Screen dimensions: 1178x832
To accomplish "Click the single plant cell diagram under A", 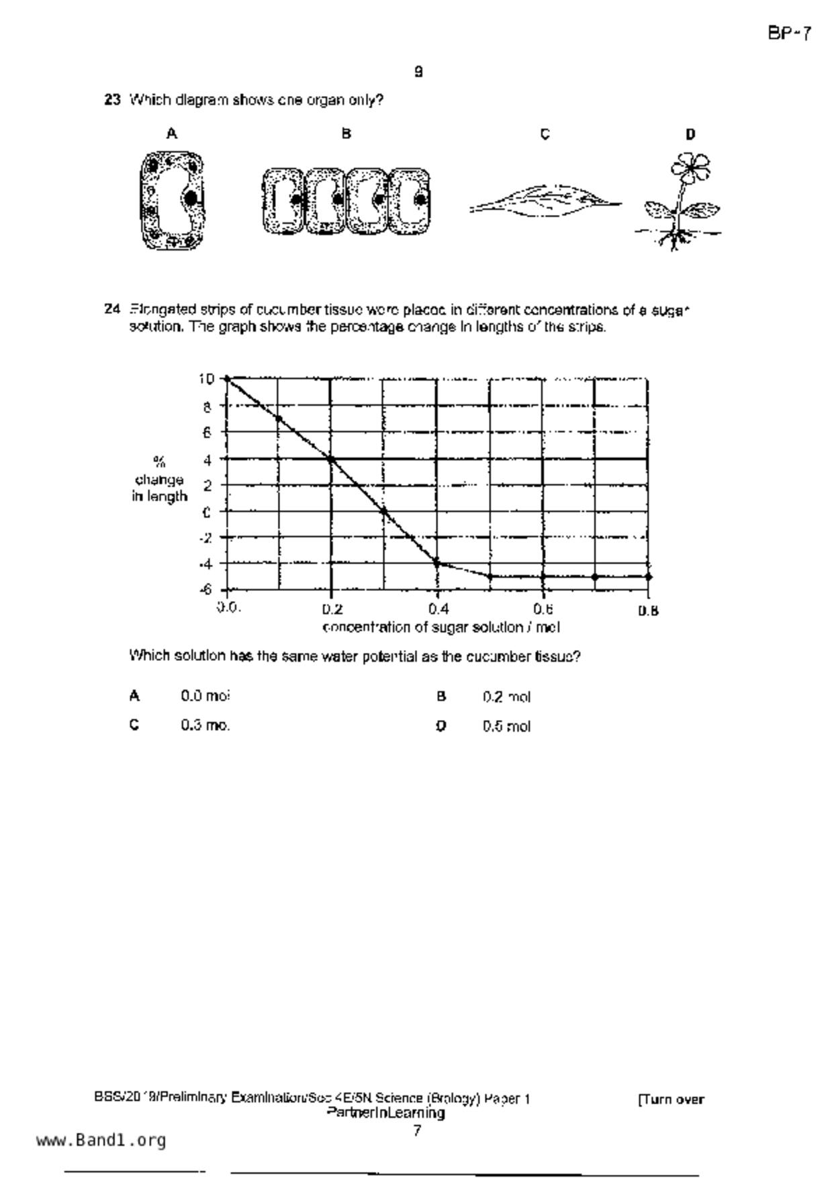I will [172, 200].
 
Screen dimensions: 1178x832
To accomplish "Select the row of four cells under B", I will [346, 201].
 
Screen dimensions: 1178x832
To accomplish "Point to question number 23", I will [111, 100].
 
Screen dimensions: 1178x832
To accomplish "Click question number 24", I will [111, 310].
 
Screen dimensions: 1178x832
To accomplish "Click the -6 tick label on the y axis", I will [205, 589].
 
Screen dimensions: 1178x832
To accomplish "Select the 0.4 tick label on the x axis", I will [438, 609].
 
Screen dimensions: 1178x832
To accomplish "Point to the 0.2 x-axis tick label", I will [332, 609].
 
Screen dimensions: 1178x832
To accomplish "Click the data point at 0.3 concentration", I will [384, 511].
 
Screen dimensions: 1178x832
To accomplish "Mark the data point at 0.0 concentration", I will [227, 379].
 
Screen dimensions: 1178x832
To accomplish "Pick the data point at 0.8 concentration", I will [648, 576].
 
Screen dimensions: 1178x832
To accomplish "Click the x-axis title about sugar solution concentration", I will [441, 627].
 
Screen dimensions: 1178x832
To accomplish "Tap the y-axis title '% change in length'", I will [159, 480].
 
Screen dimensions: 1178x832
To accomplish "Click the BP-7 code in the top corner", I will [789, 34].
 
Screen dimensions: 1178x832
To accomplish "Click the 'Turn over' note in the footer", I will [670, 1099].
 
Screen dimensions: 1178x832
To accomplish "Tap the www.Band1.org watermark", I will [101, 1140].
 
